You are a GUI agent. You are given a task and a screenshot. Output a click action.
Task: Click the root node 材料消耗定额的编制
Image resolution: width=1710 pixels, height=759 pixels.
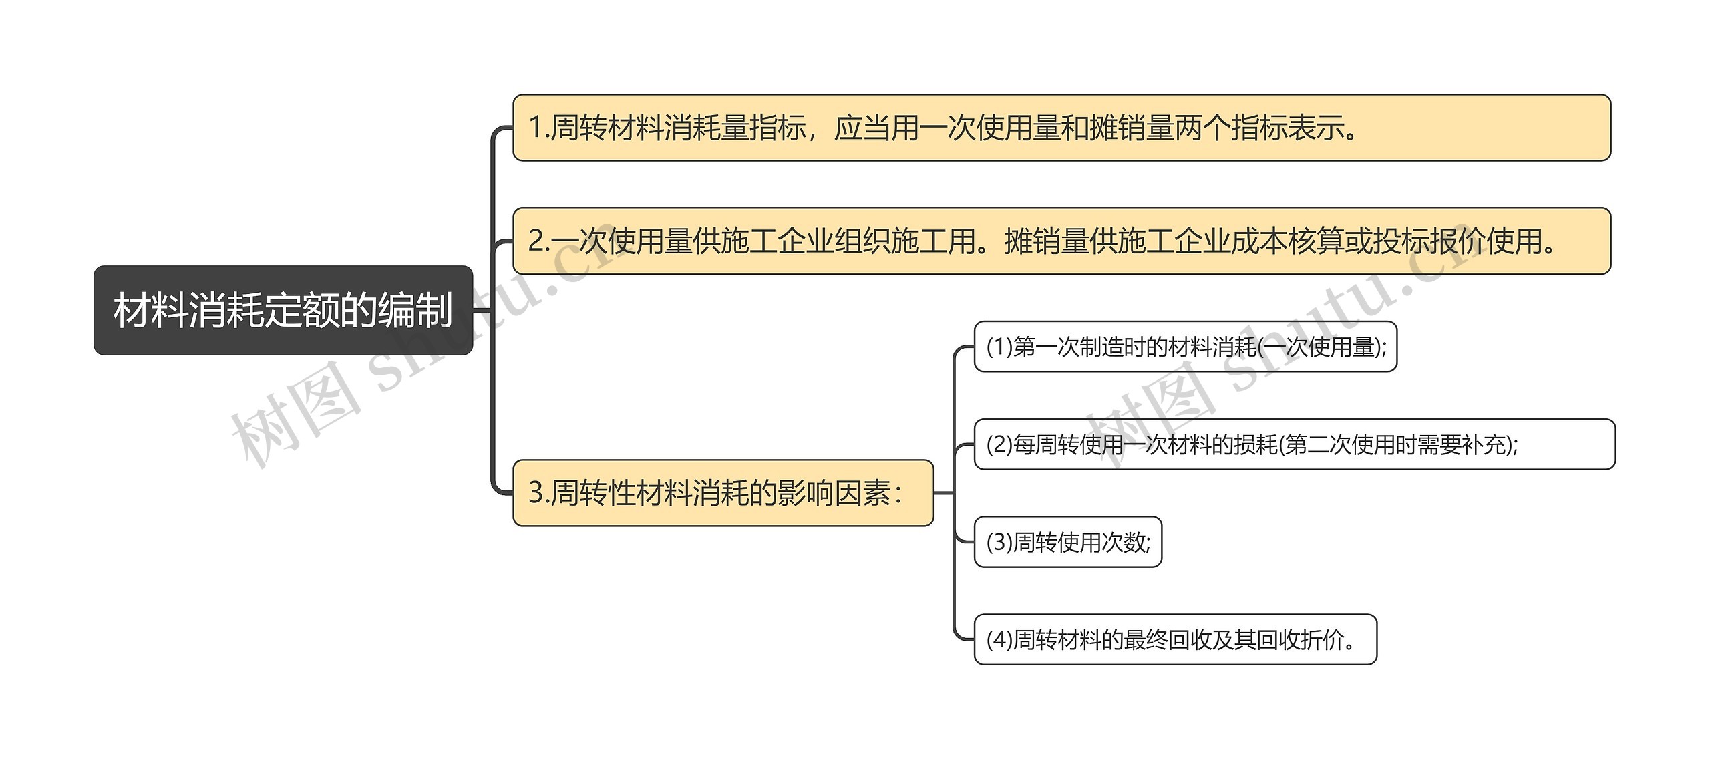point(283,310)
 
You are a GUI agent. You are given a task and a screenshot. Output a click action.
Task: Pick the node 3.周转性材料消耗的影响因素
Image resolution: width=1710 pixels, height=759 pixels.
point(723,493)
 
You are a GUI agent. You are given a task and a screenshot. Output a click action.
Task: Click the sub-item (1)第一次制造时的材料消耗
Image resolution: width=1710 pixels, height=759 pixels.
point(1185,347)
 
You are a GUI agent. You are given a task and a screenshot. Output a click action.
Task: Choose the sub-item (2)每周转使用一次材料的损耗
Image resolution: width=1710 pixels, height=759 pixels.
point(1294,444)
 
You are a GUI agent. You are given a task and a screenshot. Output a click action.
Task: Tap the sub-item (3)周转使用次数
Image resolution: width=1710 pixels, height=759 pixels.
point(1067,542)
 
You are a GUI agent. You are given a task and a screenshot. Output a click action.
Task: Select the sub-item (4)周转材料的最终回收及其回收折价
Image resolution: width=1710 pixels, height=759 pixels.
point(1175,639)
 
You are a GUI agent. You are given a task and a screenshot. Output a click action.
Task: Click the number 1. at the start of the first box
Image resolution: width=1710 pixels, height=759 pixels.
point(538,128)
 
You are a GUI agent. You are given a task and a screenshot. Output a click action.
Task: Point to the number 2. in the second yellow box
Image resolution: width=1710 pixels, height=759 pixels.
point(538,241)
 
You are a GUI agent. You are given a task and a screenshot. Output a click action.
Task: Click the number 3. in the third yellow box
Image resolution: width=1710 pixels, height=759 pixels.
point(538,493)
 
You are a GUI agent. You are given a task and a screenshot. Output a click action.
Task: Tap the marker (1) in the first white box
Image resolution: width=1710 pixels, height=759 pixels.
point(999,347)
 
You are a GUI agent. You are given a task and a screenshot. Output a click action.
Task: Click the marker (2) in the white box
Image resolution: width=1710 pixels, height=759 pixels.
point(999,444)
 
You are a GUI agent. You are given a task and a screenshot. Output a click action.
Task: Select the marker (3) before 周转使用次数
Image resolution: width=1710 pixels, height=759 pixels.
point(999,542)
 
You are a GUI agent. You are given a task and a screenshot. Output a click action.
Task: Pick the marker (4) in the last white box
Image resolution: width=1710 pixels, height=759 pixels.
point(999,639)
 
